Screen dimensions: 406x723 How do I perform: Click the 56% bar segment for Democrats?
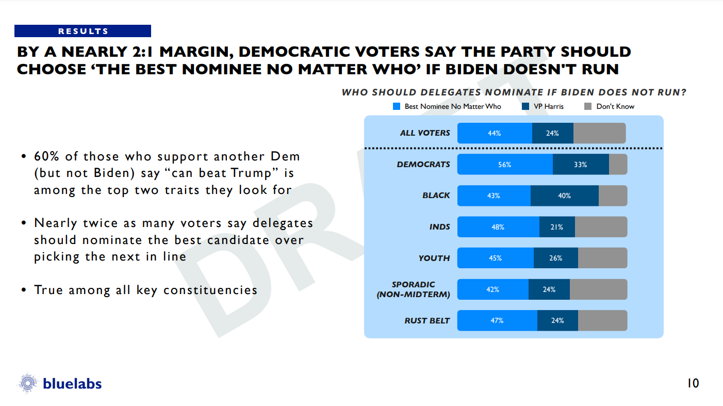pyautogui.click(x=505, y=165)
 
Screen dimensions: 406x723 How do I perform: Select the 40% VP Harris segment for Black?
pyautogui.click(x=564, y=196)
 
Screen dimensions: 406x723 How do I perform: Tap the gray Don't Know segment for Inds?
pyautogui.click(x=601, y=227)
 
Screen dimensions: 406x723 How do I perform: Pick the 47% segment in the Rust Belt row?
pyautogui.click(x=497, y=320)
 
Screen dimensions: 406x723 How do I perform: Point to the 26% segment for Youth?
pyautogui.click(x=555, y=258)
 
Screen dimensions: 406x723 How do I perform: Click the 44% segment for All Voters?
pyautogui.click(x=495, y=133)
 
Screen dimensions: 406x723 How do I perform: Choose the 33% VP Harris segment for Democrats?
pyautogui.click(x=581, y=165)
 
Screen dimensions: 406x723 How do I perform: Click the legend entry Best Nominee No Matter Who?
pyautogui.click(x=447, y=106)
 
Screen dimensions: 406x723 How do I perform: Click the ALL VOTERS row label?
pyautogui.click(x=425, y=133)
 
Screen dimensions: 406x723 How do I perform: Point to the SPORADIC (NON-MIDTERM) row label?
pyautogui.click(x=420, y=289)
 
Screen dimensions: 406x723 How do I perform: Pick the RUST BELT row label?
pyautogui.click(x=427, y=320)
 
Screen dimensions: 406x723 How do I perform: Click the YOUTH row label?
pyautogui.click(x=434, y=258)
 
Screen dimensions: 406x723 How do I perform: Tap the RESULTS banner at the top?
pyautogui.click(x=83, y=31)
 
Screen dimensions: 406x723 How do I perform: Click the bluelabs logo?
pyautogui.click(x=60, y=383)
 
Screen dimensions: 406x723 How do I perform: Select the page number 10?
pyautogui.click(x=693, y=383)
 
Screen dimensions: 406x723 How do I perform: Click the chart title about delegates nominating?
pyautogui.click(x=514, y=93)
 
